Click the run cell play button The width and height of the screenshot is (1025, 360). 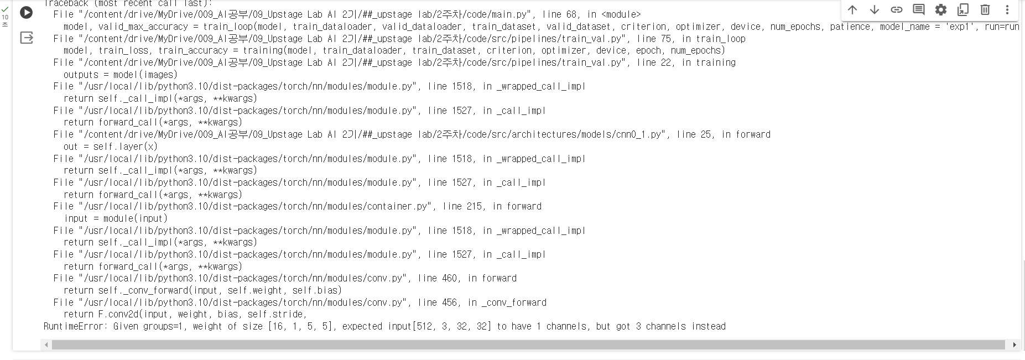click(26, 12)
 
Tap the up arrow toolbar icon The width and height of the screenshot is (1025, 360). click(852, 10)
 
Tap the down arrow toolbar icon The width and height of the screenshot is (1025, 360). click(875, 10)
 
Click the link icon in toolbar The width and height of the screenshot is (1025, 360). click(897, 10)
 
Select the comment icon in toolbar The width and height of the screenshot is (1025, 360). click(919, 10)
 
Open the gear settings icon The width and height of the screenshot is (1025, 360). click(941, 10)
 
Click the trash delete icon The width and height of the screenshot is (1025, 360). click(985, 10)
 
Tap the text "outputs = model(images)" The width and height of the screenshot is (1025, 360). click(121, 75)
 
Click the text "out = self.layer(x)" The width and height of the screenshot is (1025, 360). click(111, 147)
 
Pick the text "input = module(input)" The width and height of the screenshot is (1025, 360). click(116, 218)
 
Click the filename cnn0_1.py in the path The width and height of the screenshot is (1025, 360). click(638, 134)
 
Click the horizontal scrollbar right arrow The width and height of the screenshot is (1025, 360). click(1014, 345)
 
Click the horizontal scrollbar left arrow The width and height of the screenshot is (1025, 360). click(46, 345)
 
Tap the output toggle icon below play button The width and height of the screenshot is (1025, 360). click(26, 38)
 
